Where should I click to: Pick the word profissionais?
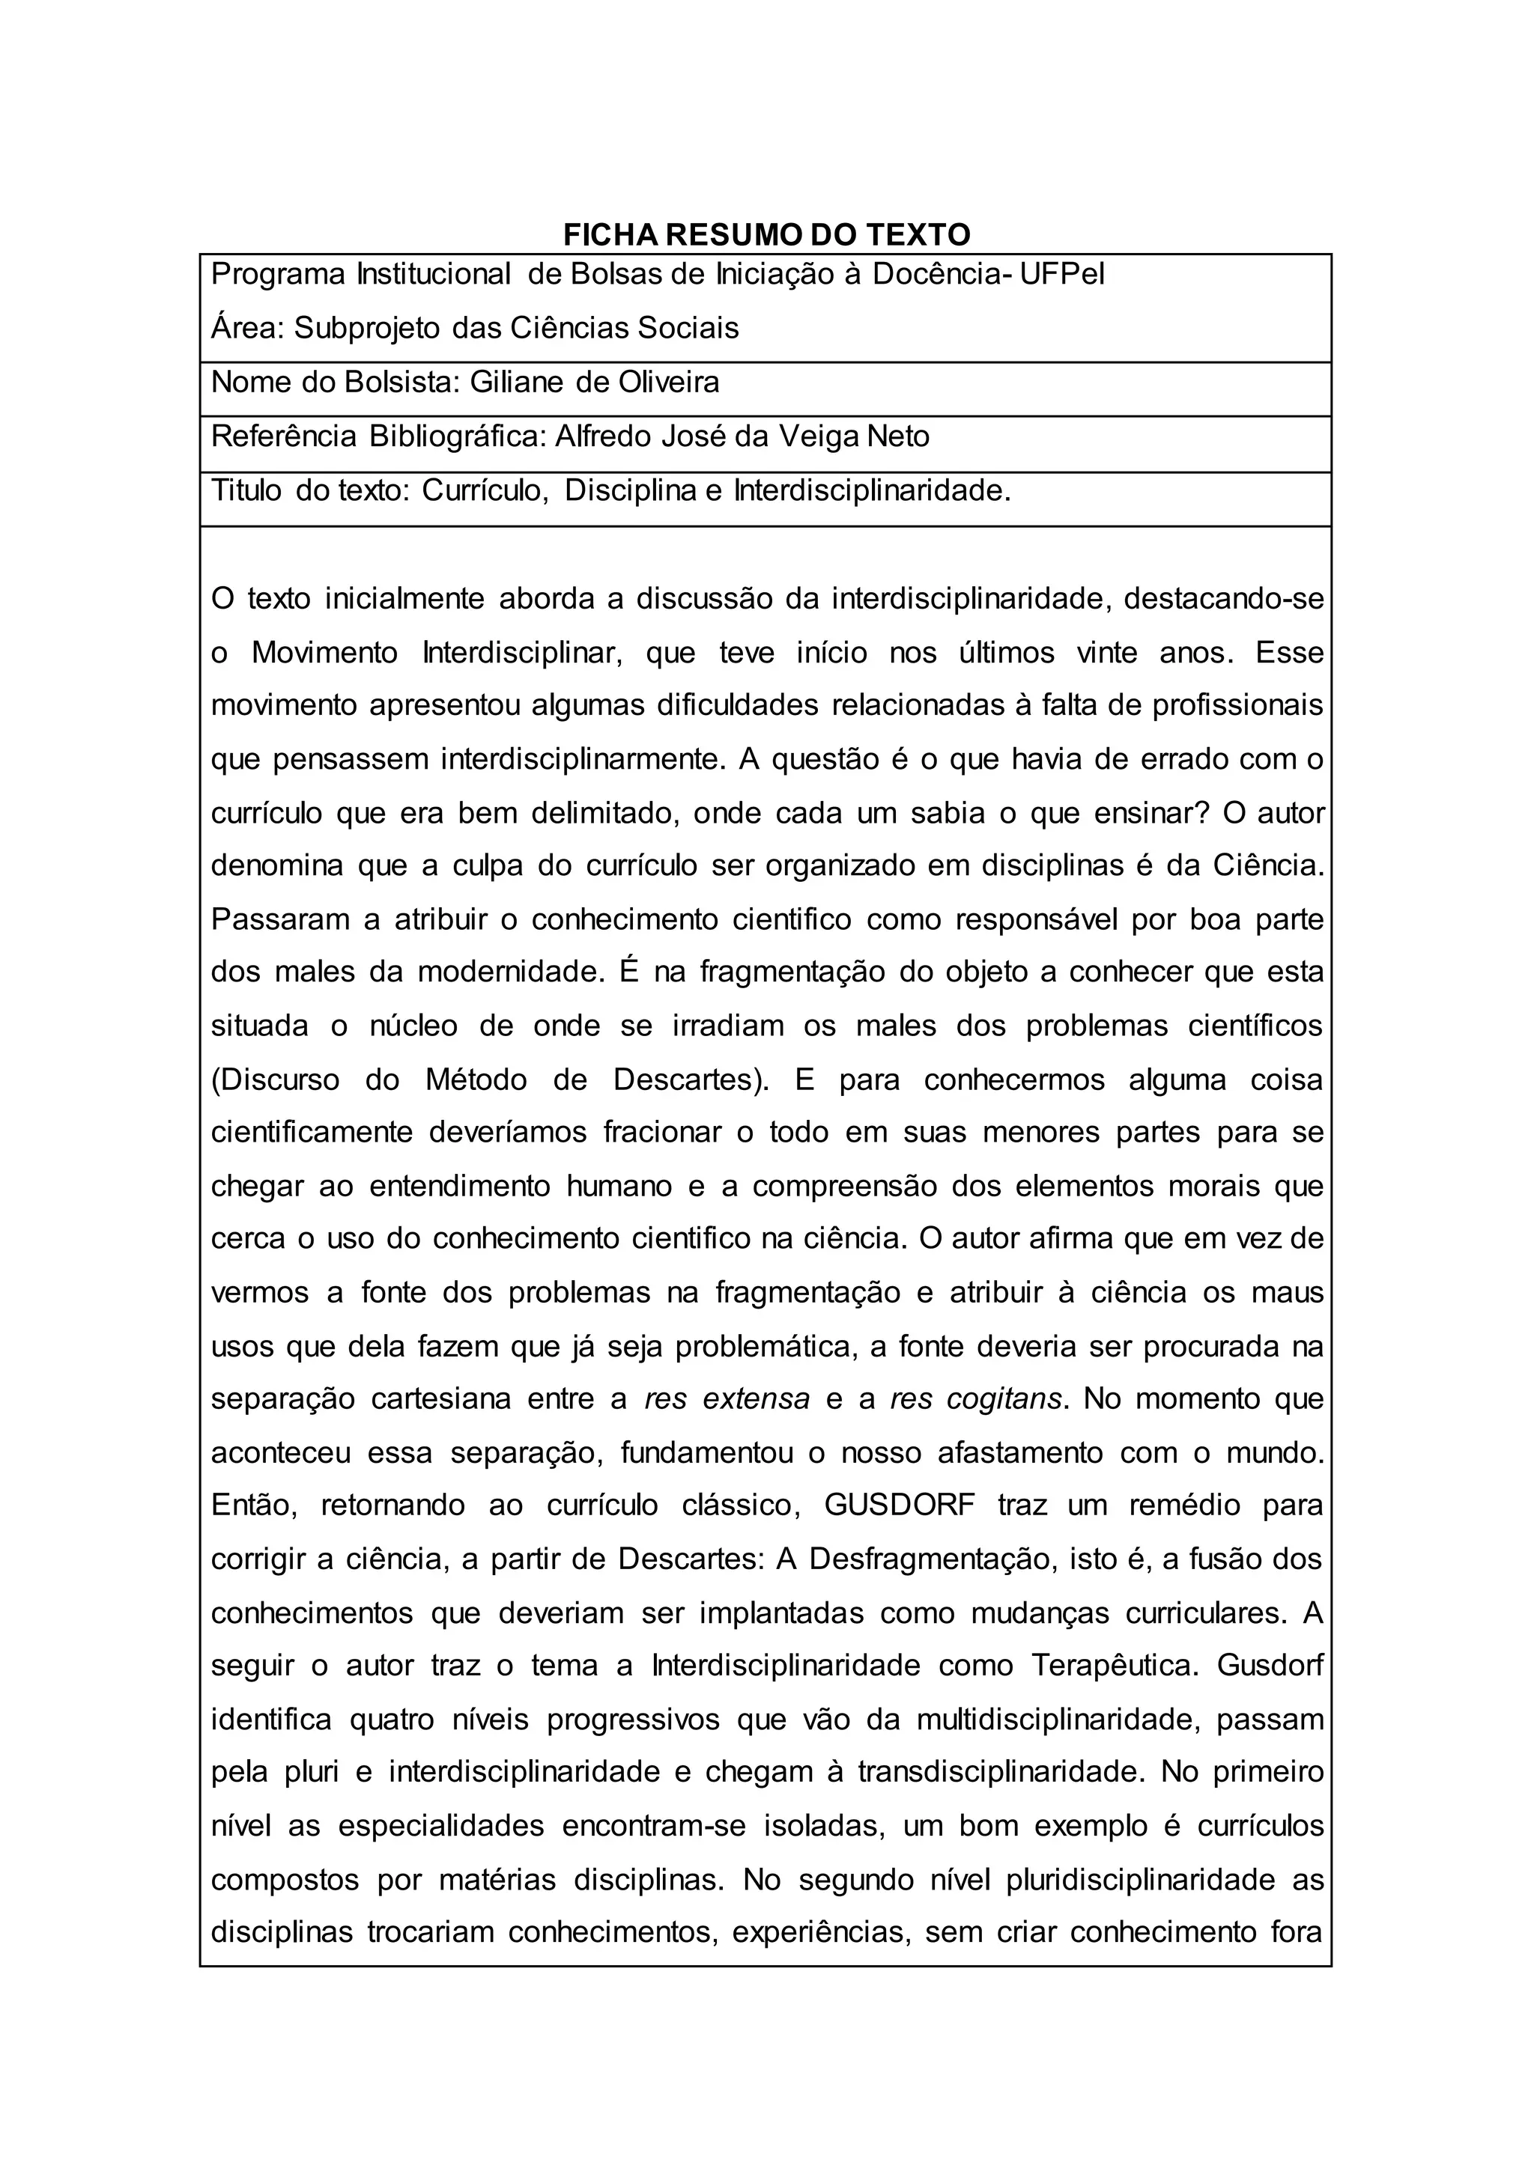1237,706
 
